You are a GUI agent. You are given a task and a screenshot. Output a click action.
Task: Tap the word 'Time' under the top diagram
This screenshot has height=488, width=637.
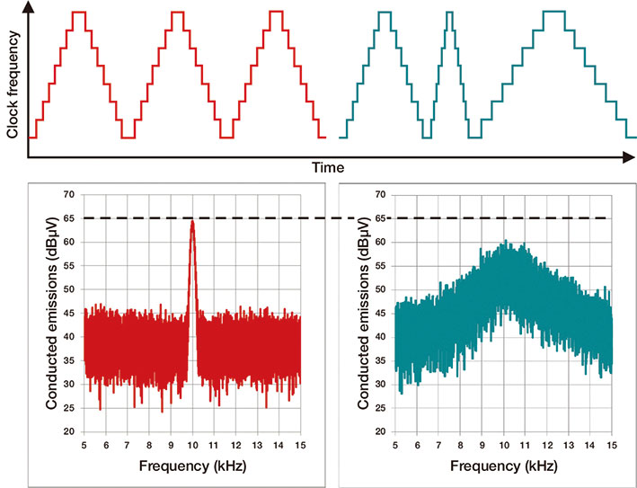[329, 168]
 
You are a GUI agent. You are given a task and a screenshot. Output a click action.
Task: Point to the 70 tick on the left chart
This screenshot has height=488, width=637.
[69, 194]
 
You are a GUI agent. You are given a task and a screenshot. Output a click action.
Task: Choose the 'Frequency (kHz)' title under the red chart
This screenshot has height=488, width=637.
[191, 466]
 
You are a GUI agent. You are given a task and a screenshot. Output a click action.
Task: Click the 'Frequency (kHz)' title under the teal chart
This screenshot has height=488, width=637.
[503, 466]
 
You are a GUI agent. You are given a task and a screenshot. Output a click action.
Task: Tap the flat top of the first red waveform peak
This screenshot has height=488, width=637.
[79, 12]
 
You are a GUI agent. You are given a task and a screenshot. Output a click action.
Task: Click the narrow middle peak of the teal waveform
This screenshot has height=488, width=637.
[449, 12]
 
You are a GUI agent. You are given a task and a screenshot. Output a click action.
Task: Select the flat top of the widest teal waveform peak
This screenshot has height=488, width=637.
[554, 12]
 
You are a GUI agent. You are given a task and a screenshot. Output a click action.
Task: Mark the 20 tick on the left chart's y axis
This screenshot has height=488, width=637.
[69, 432]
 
